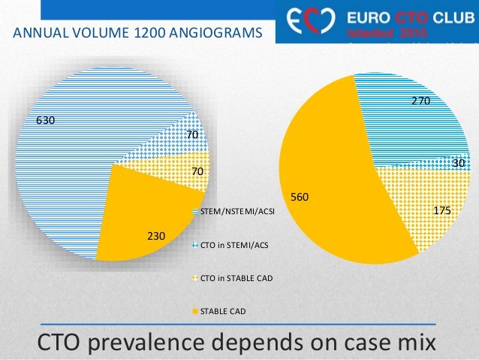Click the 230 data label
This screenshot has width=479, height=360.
(x=155, y=236)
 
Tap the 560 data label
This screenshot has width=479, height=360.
(x=300, y=197)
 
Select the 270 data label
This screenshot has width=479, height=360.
(x=419, y=98)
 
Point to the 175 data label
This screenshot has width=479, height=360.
(x=442, y=212)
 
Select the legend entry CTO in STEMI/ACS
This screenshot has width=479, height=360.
(x=233, y=244)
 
